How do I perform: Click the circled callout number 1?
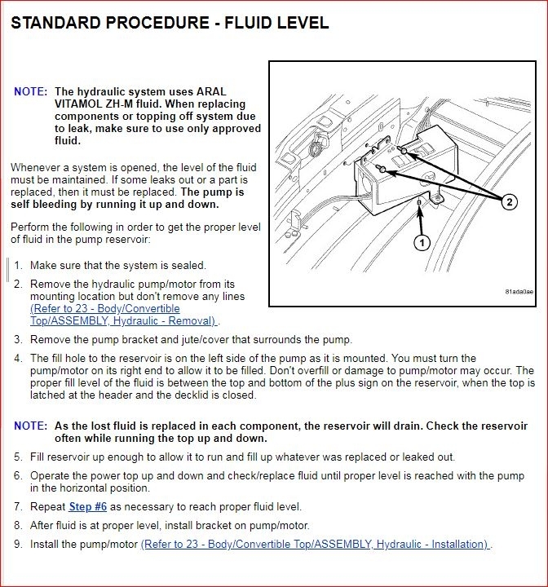point(422,242)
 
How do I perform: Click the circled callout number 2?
point(509,203)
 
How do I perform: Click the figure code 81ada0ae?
point(519,291)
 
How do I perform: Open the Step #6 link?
point(87,506)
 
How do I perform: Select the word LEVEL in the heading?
point(301,23)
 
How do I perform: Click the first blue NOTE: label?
point(30,92)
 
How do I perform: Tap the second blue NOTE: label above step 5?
point(30,426)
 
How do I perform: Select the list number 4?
point(18,359)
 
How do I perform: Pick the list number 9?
point(18,544)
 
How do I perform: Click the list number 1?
point(18,265)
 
